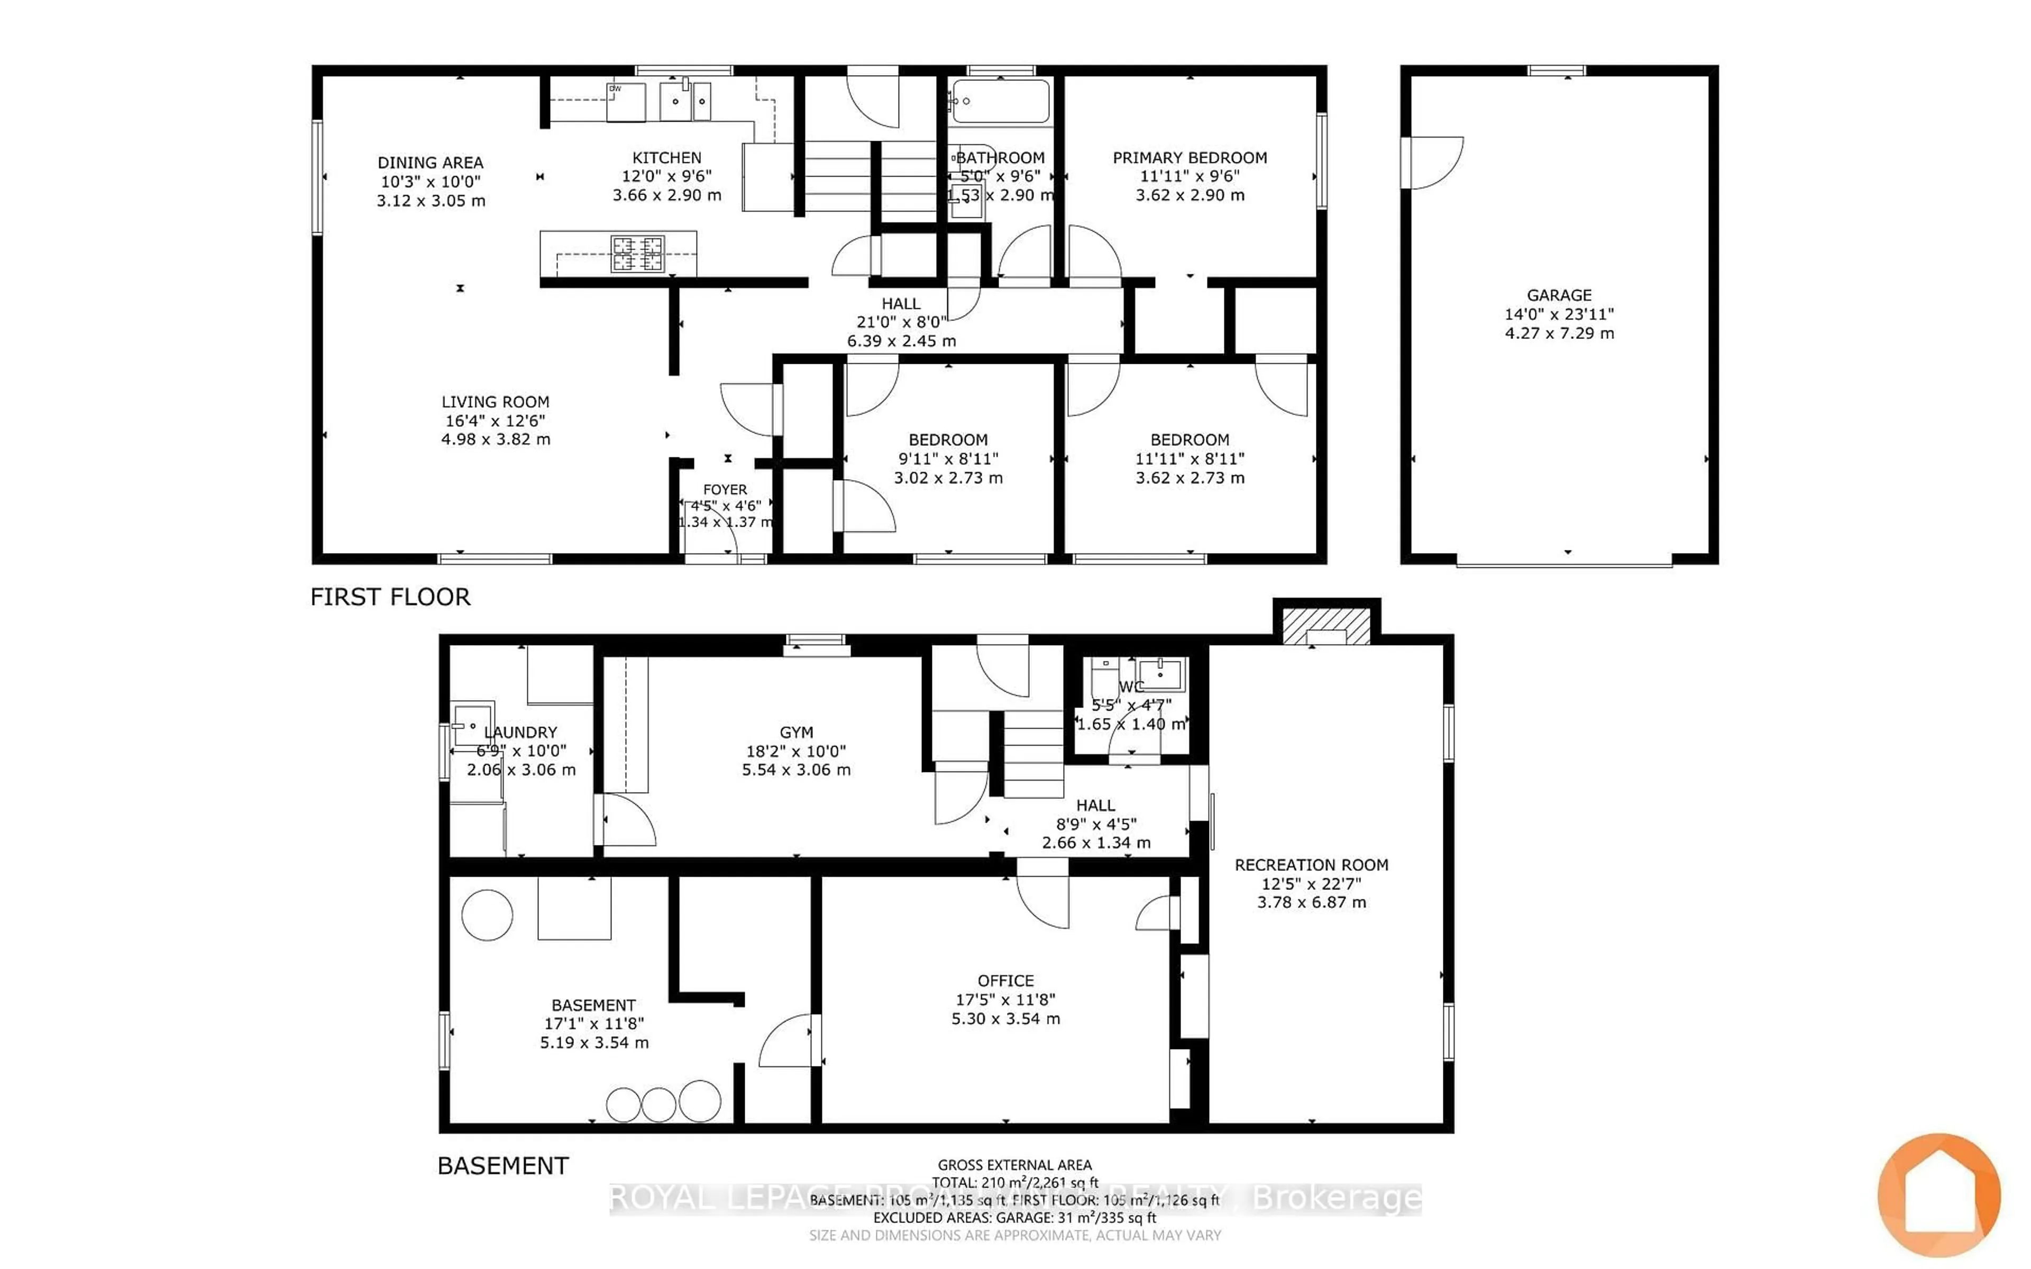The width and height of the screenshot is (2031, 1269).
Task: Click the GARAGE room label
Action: (x=1559, y=296)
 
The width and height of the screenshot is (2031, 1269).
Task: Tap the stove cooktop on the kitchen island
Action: (x=638, y=253)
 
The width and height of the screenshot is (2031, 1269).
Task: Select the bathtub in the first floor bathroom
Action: (x=1000, y=102)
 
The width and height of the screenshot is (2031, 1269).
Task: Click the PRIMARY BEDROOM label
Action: (x=1189, y=158)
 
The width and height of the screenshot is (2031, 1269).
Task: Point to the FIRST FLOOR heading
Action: (x=390, y=597)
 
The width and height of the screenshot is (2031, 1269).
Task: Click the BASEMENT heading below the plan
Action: (x=502, y=1166)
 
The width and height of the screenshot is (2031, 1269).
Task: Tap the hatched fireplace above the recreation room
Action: (x=1326, y=626)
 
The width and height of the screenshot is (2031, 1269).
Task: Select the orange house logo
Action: (x=1938, y=1194)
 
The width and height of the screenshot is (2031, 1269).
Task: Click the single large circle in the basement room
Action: (x=487, y=915)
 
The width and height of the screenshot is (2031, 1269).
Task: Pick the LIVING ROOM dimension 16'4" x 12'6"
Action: (x=495, y=420)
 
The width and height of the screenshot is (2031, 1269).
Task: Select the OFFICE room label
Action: (x=1005, y=980)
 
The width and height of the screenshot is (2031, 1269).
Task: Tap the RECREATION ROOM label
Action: (x=1311, y=865)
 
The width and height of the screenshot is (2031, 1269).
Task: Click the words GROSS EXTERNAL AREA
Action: (x=1014, y=1165)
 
